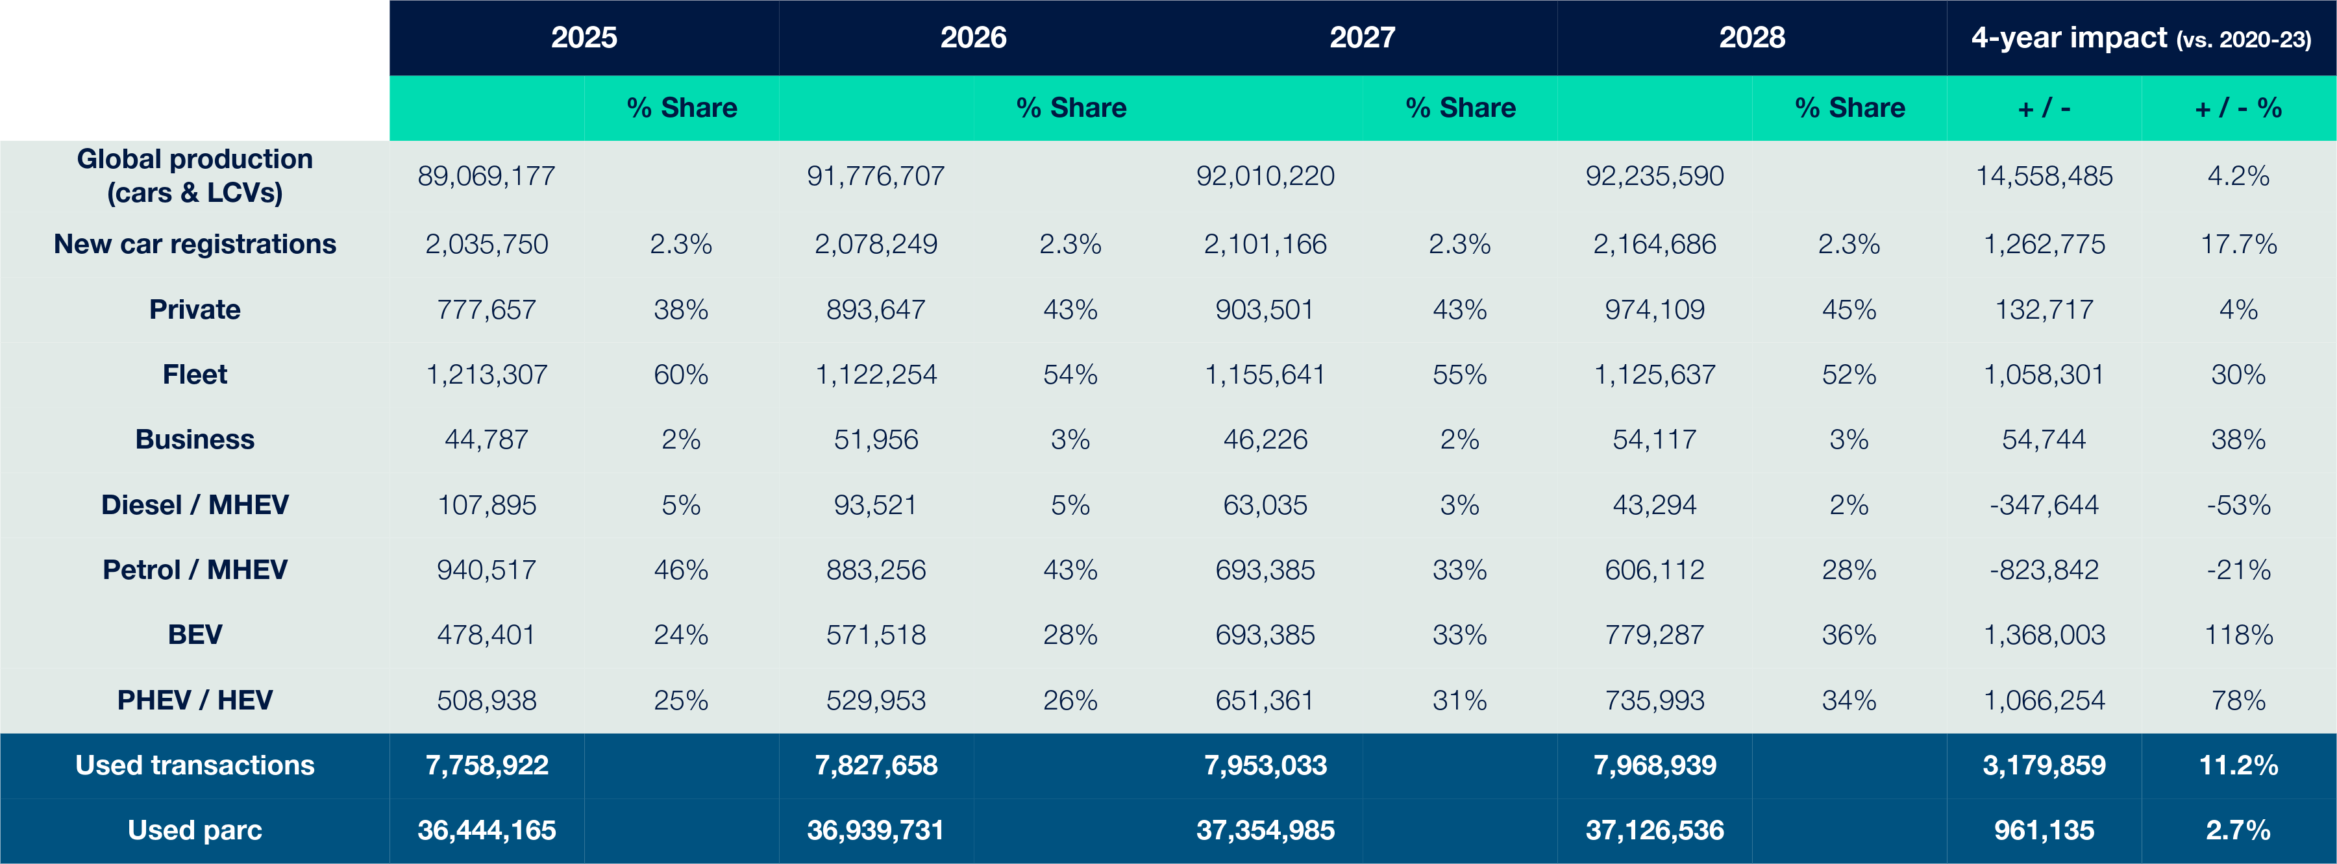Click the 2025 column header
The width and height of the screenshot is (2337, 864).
[x=584, y=37]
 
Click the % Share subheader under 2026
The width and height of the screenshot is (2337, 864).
[x=1070, y=108]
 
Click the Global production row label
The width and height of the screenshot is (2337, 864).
[x=194, y=175]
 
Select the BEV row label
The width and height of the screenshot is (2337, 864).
[x=194, y=634]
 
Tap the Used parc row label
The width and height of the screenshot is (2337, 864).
[x=194, y=830]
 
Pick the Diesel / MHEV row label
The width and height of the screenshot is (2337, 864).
[x=194, y=504]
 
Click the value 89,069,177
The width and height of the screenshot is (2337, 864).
[x=486, y=176]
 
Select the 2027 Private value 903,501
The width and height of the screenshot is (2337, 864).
[x=1265, y=310]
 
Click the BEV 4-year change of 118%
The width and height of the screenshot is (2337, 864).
[x=2238, y=634]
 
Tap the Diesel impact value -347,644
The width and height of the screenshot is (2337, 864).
[x=2044, y=504]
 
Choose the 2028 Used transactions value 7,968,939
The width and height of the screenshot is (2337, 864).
[x=1654, y=765]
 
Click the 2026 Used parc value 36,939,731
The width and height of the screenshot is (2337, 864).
[x=876, y=830]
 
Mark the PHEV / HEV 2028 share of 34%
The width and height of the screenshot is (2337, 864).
[x=1849, y=700]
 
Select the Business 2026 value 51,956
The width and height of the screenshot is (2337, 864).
[x=876, y=439]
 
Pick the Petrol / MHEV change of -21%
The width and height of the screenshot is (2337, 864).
[x=2238, y=570]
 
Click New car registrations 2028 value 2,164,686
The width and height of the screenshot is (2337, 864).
[x=1654, y=244]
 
